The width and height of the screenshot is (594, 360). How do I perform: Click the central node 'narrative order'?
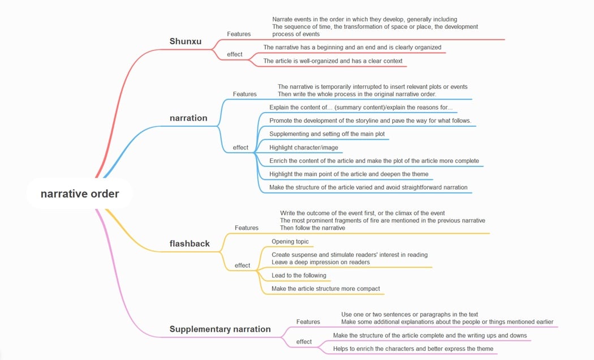80,194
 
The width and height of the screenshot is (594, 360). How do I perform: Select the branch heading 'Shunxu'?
186,41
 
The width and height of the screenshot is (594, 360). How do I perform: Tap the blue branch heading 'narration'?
188,118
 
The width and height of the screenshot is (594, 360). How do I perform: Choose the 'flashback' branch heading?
190,244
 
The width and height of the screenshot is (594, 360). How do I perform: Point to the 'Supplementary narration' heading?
220,329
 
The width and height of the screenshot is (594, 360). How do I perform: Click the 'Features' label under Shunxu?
239,34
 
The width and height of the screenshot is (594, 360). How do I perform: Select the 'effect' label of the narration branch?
240,148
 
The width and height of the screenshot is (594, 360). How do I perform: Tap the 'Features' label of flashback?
247,228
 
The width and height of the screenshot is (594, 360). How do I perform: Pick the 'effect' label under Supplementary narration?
304,342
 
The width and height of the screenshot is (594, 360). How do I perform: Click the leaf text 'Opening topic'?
290,242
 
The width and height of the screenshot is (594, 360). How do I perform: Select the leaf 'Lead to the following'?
299,276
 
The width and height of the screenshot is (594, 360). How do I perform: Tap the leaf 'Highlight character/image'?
304,148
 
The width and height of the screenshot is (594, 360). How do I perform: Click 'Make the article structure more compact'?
326,289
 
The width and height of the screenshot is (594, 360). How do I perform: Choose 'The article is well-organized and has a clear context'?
333,61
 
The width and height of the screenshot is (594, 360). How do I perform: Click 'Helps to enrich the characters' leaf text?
413,349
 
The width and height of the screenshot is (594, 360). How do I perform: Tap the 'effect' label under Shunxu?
235,54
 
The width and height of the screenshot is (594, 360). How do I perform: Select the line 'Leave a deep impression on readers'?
321,262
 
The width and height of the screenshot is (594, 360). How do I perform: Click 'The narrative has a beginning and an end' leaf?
352,48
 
